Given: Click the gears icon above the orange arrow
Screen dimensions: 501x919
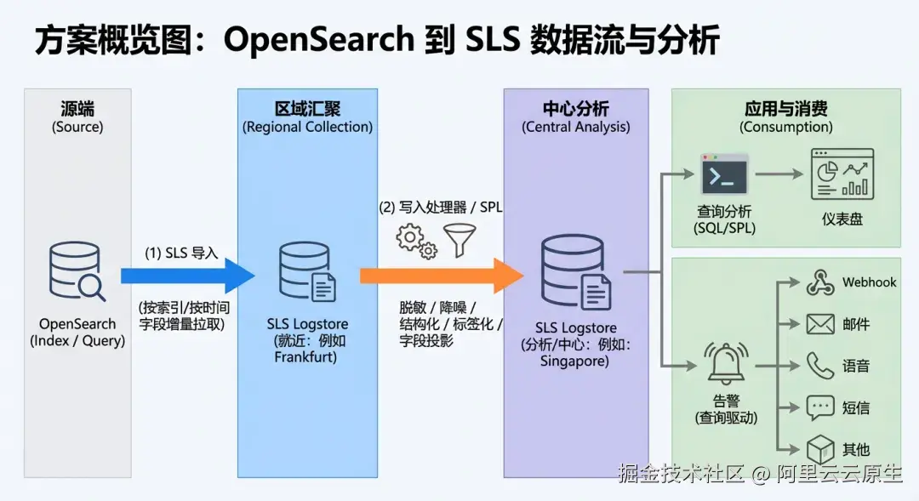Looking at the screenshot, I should point(417,240).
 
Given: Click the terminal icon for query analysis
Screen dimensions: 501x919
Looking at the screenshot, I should point(724,174).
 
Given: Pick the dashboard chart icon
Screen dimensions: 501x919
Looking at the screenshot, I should point(842,174).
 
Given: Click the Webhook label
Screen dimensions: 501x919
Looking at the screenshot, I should point(869,282).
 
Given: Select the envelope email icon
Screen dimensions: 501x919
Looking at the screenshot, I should point(820,324).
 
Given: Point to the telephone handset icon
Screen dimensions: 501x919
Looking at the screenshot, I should point(820,366).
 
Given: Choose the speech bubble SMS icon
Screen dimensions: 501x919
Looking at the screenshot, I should point(820,407).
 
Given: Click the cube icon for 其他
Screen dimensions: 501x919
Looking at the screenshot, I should point(820,448).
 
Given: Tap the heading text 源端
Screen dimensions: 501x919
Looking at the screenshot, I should point(77,109).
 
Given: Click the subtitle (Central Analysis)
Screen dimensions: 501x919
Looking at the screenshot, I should point(576,128).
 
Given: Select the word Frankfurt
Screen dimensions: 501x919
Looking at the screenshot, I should point(306,357).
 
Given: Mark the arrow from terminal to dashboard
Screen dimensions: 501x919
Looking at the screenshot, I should point(779,174).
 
